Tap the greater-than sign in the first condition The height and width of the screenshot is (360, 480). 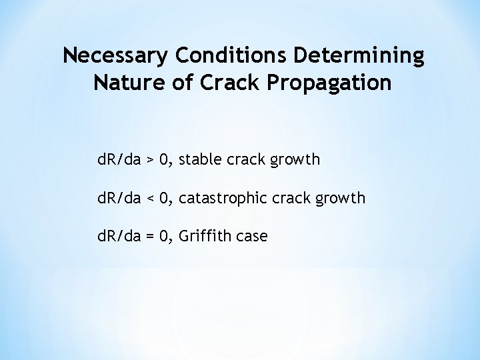[151, 161]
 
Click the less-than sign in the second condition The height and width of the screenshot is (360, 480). [151, 198]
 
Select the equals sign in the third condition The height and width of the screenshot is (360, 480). [151, 235]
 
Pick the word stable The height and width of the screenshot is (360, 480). [202, 161]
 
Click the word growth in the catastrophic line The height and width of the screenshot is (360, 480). [341, 198]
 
